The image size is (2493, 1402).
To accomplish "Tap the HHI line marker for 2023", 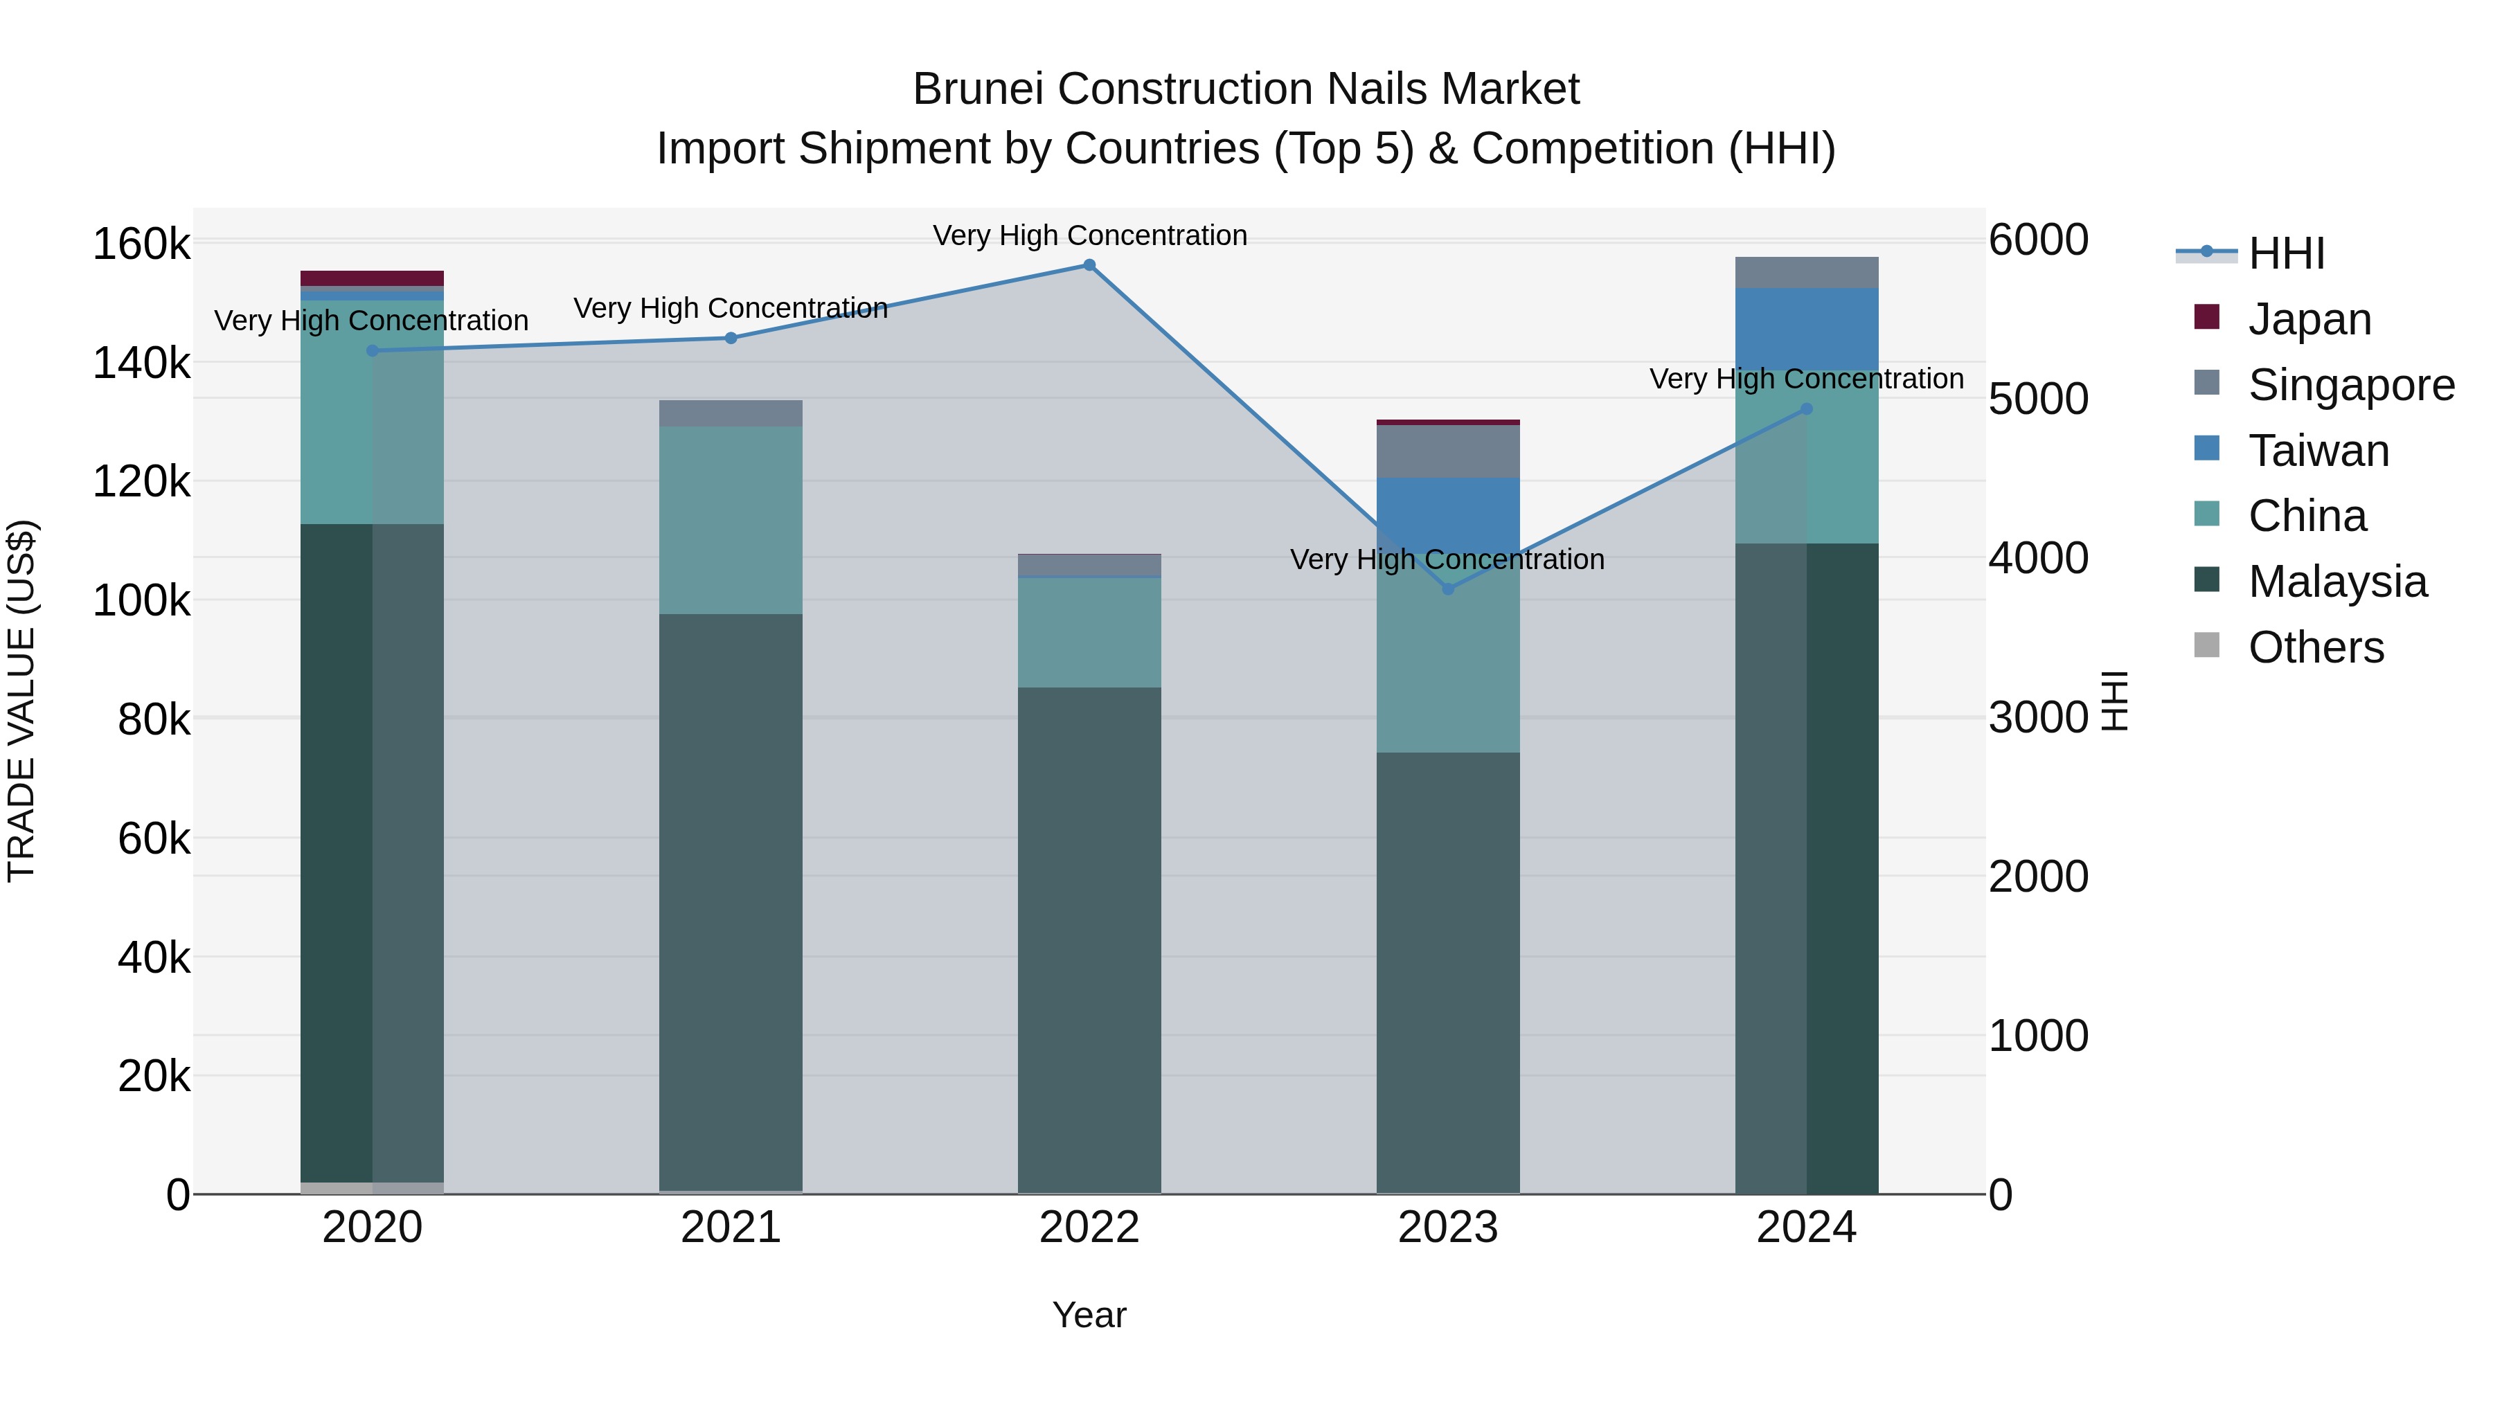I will (1448, 589).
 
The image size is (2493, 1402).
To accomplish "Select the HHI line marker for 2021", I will (731, 338).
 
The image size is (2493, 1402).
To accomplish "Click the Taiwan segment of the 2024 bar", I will (1806, 328).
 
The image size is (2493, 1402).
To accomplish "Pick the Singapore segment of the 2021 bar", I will (731, 413).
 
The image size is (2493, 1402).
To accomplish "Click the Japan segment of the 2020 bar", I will (372, 278).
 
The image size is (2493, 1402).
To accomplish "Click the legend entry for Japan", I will (2309, 319).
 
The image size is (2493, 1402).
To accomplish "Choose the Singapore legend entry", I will (2351, 385).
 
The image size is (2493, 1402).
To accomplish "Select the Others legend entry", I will (2316, 647).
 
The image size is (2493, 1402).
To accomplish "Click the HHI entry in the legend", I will (2286, 253).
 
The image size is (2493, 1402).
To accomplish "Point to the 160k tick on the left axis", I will (141, 244).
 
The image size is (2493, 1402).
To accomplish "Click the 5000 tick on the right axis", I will (2038, 399).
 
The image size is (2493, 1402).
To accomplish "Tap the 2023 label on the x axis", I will (1448, 1228).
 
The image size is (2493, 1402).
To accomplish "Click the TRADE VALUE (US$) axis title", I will (21, 701).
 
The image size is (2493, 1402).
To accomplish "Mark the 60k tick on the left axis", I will (154, 839).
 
